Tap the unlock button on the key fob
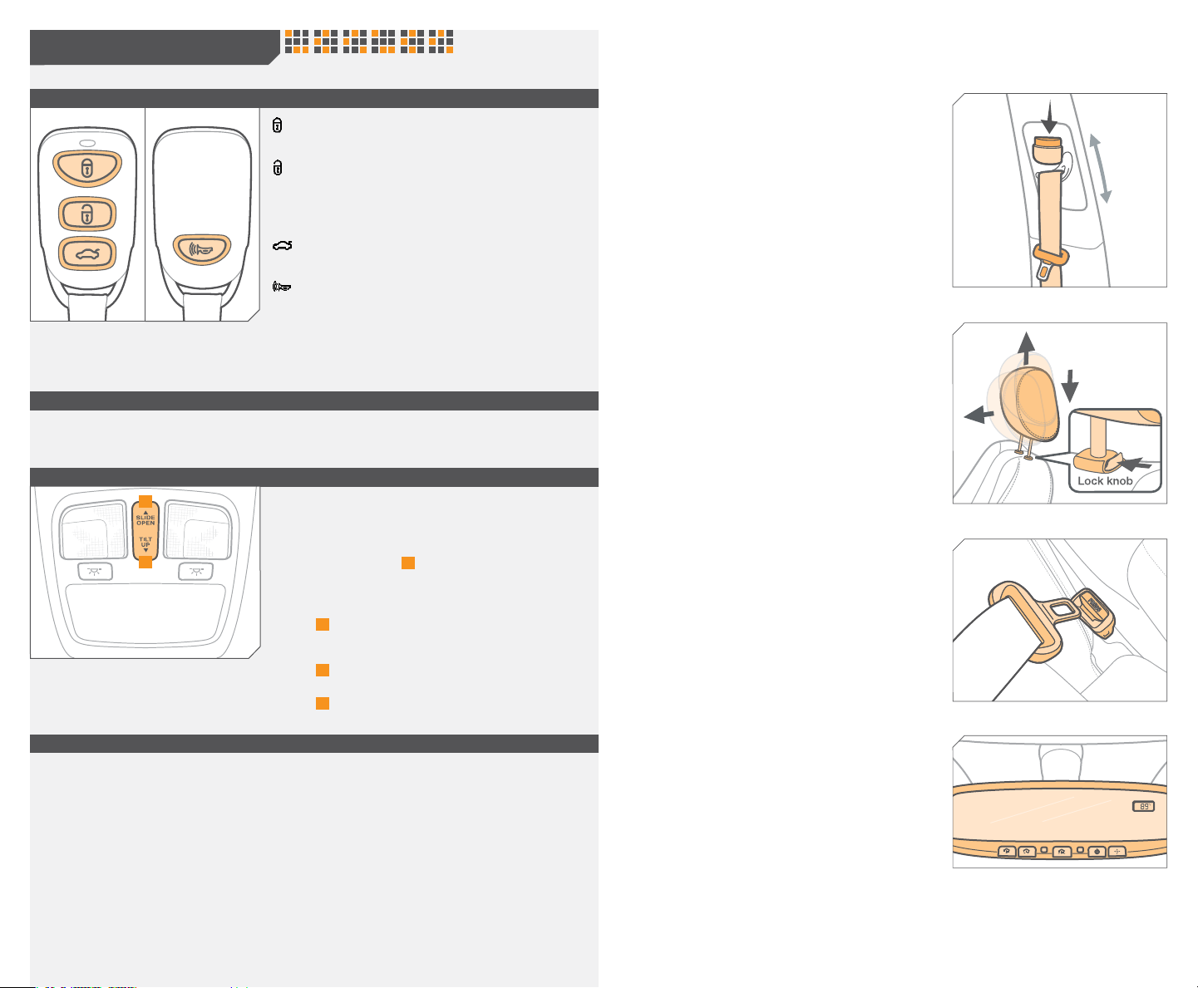(87, 214)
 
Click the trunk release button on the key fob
(87, 253)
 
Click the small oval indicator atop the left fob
(87, 143)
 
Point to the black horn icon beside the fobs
(282, 286)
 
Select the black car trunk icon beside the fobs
(283, 245)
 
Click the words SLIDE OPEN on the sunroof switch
(145, 520)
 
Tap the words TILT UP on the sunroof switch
(145, 542)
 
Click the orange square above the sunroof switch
(145, 501)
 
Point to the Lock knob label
(1105, 481)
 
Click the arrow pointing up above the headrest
(1027, 347)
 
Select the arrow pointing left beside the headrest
(979, 414)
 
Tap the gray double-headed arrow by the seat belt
(1101, 169)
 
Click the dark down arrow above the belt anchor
(1049, 117)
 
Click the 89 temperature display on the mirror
(1143, 807)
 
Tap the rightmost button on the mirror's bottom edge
(1117, 852)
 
